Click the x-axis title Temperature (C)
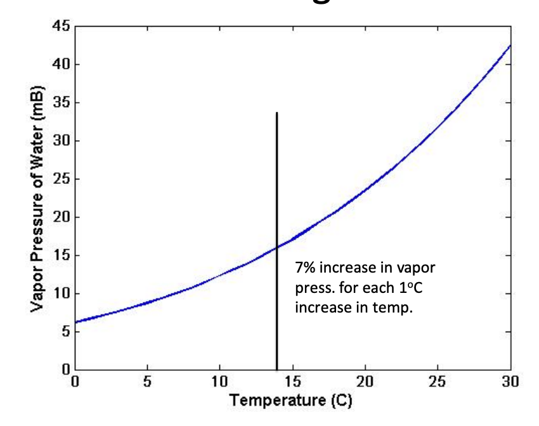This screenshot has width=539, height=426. point(291,401)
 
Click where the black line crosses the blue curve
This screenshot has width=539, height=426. point(277,247)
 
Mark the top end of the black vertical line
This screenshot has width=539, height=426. point(277,113)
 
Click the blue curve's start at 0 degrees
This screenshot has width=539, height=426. point(75,322)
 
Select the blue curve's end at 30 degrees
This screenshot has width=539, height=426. point(510,46)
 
